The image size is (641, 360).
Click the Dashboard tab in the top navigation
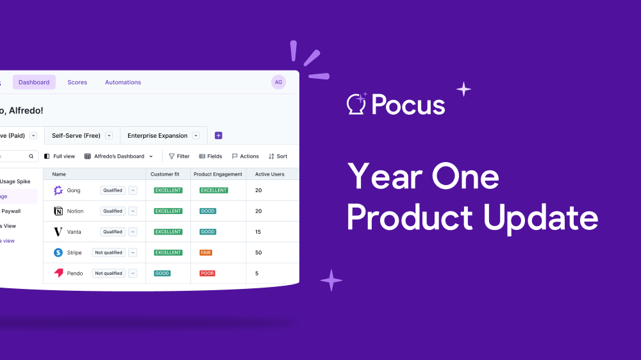pyautogui.click(x=34, y=82)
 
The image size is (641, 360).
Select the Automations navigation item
pyautogui.click(x=123, y=82)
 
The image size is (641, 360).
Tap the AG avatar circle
pyautogui.click(x=278, y=82)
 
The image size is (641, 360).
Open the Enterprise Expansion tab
pyautogui.click(x=158, y=136)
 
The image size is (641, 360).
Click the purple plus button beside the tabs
pyautogui.click(x=219, y=136)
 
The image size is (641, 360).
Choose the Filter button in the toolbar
pyautogui.click(x=179, y=156)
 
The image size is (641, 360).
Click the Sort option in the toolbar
pyautogui.click(x=278, y=156)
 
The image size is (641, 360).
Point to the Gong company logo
pyautogui.click(x=58, y=190)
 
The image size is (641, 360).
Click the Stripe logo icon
pyautogui.click(x=58, y=252)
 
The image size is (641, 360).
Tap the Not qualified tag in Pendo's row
pyautogui.click(x=108, y=274)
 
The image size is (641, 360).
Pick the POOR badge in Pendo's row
pyautogui.click(x=207, y=274)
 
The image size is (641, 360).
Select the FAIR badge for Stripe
pyautogui.click(x=206, y=252)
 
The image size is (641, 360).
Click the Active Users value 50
pyautogui.click(x=258, y=252)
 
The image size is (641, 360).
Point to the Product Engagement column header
pyautogui.click(x=218, y=174)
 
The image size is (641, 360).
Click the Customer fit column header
pyautogui.click(x=165, y=174)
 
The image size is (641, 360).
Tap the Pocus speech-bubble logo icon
pyautogui.click(x=356, y=104)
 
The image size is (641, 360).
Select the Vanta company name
pyautogui.click(x=74, y=232)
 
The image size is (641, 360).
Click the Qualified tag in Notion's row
pyautogui.click(x=113, y=211)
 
